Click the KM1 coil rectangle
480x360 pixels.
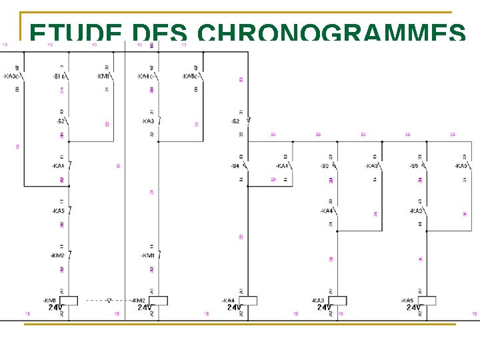(x=69, y=301)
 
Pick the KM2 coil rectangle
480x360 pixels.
(x=158, y=301)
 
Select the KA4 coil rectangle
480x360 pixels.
(x=248, y=301)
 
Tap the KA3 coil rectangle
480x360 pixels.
(x=337, y=301)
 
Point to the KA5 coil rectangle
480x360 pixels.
(x=427, y=301)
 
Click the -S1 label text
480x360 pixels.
(x=57, y=76)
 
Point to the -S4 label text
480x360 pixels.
(x=235, y=165)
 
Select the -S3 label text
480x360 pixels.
(x=325, y=165)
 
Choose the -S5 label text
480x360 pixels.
(x=413, y=165)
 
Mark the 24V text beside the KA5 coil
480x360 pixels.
(x=413, y=307)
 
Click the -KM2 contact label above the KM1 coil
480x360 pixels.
(x=58, y=255)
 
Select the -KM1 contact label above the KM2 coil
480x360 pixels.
(x=147, y=255)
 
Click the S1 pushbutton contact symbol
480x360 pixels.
(x=67, y=76)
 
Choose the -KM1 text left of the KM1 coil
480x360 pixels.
(x=51, y=301)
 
